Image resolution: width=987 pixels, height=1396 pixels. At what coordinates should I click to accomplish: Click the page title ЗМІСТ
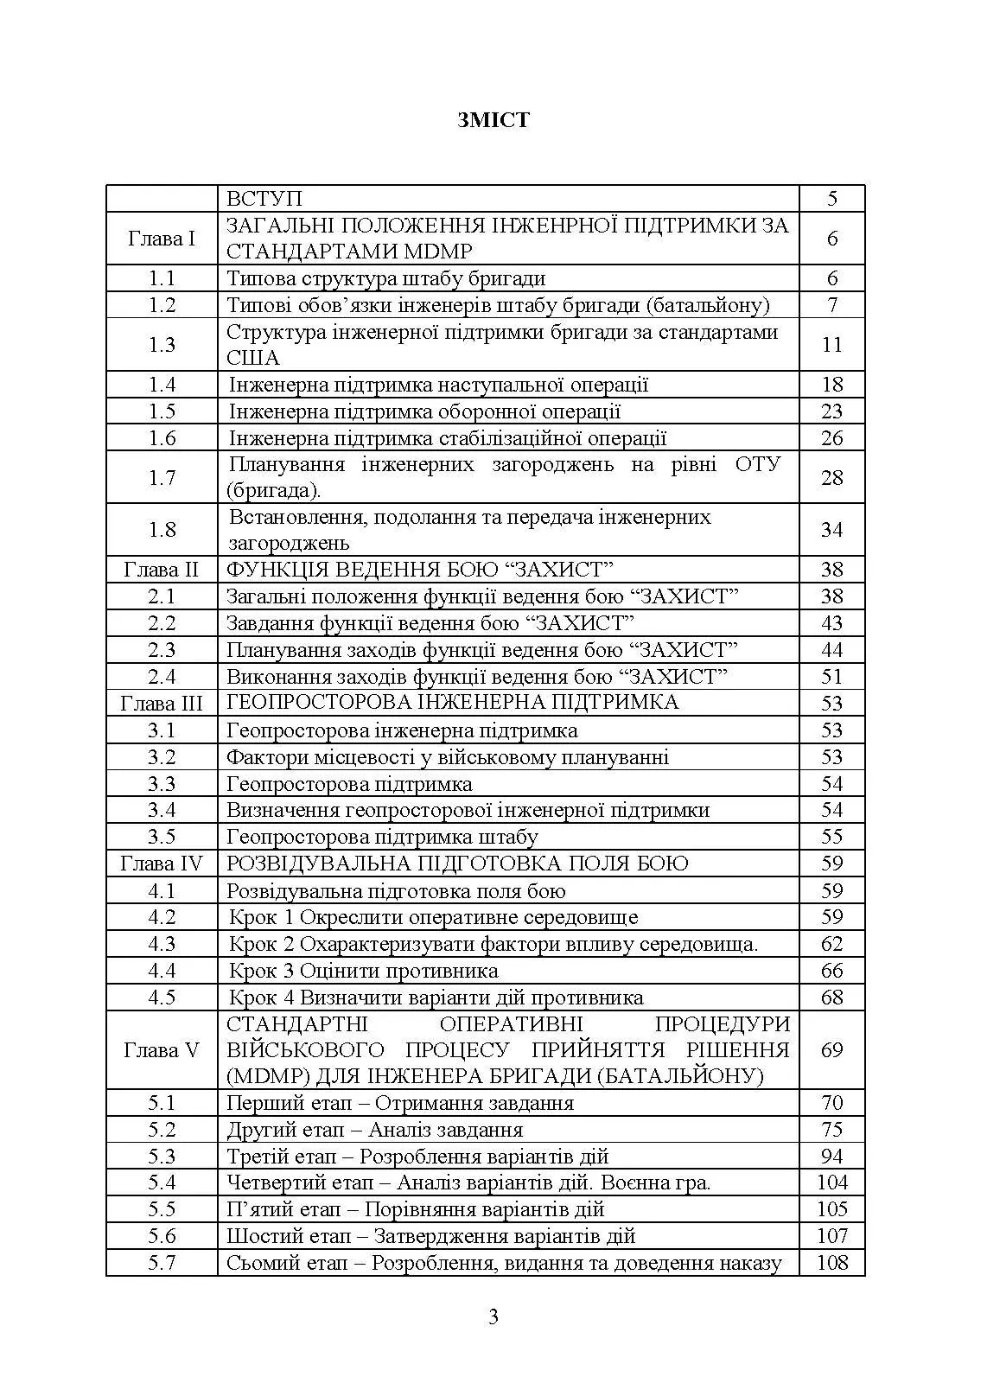click(x=493, y=120)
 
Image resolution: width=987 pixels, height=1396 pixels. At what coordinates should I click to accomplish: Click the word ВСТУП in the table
click(x=264, y=199)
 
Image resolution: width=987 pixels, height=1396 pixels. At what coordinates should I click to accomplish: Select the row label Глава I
click(x=162, y=239)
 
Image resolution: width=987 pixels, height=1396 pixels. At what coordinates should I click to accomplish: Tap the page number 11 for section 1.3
click(x=831, y=345)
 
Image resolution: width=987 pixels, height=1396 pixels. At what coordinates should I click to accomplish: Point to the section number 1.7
click(x=162, y=478)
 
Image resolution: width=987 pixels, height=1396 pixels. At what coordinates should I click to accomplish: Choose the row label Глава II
click(x=162, y=570)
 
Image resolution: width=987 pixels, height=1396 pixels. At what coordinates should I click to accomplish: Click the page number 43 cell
click(x=831, y=623)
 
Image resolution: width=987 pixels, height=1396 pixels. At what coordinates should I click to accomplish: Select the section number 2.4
click(x=162, y=677)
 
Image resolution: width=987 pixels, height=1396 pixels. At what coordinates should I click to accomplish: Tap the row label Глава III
click(x=162, y=704)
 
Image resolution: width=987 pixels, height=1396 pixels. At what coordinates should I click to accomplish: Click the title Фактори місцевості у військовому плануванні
click(x=447, y=757)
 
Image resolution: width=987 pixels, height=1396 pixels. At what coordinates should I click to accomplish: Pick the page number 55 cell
click(x=831, y=837)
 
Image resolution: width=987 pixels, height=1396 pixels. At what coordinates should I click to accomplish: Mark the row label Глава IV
click(x=162, y=864)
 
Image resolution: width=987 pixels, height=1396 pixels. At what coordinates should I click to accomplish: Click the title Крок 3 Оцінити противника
click(x=363, y=971)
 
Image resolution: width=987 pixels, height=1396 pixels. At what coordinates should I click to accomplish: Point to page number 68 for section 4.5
click(x=831, y=998)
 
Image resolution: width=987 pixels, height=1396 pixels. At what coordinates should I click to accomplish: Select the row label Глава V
click(x=162, y=1050)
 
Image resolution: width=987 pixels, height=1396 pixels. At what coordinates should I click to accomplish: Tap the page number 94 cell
click(x=831, y=1157)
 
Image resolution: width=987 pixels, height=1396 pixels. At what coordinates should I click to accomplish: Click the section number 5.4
click(x=162, y=1182)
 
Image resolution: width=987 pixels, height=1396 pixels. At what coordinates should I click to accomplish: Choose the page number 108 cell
click(x=831, y=1263)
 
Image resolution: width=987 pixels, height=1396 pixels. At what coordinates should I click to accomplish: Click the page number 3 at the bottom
click(x=493, y=1317)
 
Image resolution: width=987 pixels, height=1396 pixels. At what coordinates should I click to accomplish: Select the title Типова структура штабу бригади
click(x=385, y=278)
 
